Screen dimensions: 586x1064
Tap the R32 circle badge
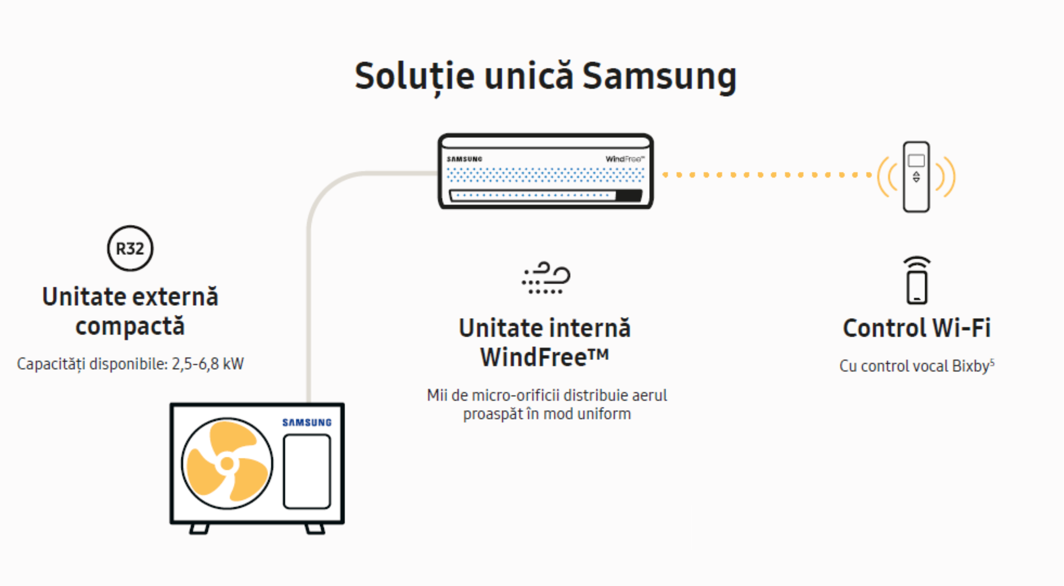click(130, 248)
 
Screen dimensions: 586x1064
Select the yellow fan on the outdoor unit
click(227, 463)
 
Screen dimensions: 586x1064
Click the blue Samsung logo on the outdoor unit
click(307, 422)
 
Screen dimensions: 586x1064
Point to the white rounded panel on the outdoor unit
click(307, 471)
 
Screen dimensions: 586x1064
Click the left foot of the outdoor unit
click(199, 528)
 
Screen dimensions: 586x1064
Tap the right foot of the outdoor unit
click(315, 528)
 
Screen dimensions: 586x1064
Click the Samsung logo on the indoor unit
click(464, 159)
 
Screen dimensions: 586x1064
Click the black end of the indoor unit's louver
click(629, 195)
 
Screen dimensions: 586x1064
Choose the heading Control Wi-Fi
click(917, 328)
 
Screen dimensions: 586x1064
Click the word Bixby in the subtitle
click(971, 366)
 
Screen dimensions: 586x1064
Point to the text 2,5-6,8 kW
click(208, 364)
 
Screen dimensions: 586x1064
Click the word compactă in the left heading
click(130, 326)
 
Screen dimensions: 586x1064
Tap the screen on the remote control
click(916, 160)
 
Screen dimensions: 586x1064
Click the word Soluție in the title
click(414, 76)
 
